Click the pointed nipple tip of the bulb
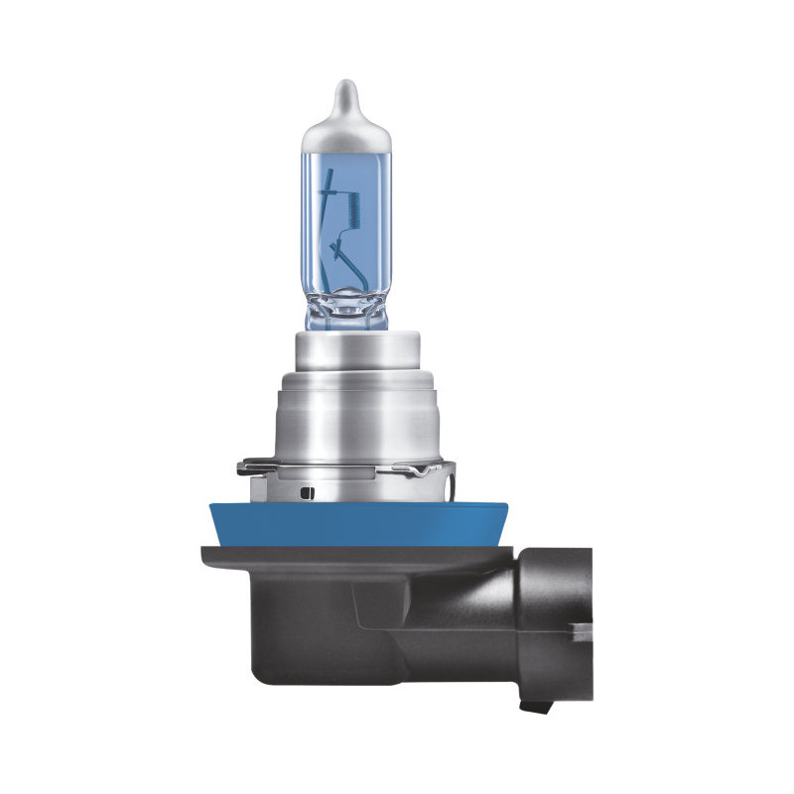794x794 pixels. [x=341, y=87]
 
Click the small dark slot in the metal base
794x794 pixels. [x=305, y=490]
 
